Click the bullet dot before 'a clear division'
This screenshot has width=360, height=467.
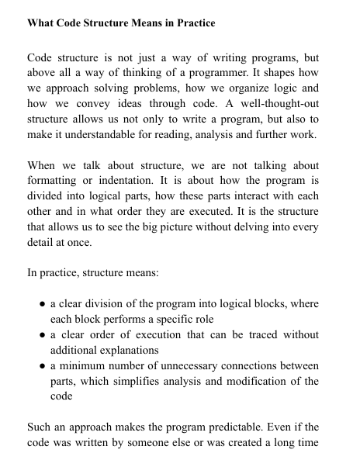pos(43,303)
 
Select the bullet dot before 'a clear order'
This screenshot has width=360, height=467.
pos(43,334)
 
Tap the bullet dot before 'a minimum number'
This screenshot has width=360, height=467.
pos(43,365)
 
